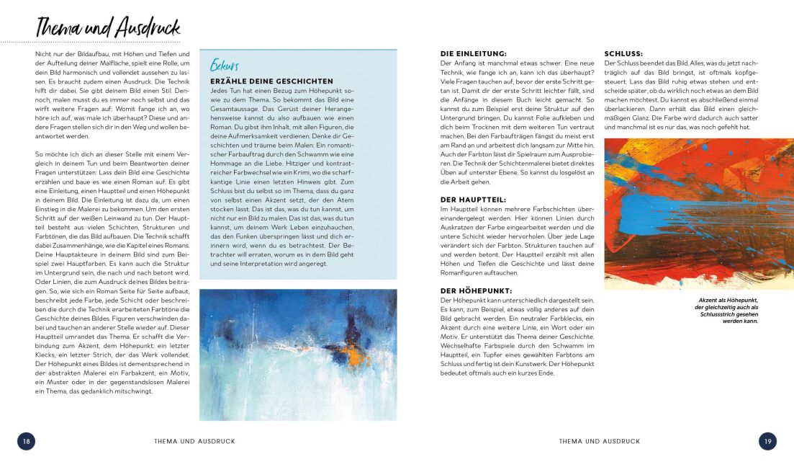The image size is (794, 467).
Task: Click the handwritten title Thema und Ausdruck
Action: coord(108,27)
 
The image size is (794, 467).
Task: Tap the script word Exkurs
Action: coord(225,66)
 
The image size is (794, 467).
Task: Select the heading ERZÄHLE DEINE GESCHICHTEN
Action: coord(271,81)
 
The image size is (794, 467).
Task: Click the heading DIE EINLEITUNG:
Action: coord(474,53)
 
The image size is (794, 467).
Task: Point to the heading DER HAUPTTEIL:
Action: coord(472,199)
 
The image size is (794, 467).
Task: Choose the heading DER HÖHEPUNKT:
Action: coord(475,290)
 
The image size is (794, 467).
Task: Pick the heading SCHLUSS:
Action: coord(623,53)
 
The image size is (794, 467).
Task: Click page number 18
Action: coord(26,441)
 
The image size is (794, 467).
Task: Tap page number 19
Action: coord(767,441)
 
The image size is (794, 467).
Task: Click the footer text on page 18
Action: coord(194,441)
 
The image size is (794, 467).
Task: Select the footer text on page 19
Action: coord(599,441)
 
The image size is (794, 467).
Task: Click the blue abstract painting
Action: coord(297,355)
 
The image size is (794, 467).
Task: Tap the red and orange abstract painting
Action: coord(689,214)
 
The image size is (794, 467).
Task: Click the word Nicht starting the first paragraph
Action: coord(42,54)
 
